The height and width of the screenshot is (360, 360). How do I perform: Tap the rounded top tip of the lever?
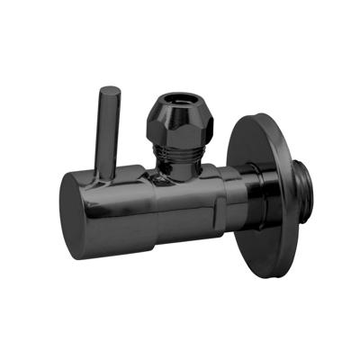click(109, 91)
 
